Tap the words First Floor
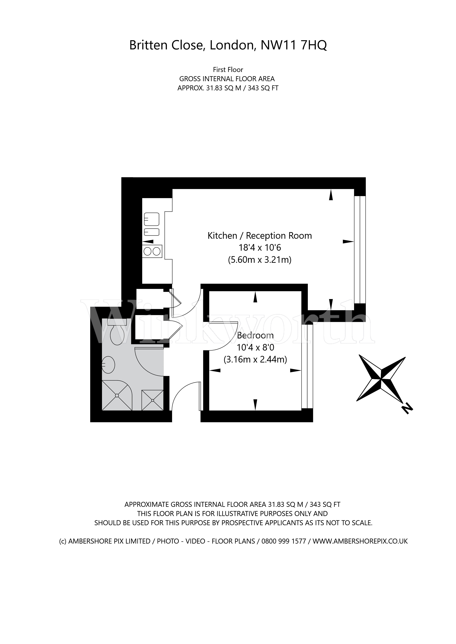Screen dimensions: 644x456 (228, 70)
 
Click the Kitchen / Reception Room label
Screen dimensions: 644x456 (260, 236)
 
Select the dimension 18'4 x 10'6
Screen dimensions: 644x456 (260, 248)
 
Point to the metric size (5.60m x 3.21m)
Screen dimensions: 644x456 (260, 260)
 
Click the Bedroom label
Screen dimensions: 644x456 (255, 335)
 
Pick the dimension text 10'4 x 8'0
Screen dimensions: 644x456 (255, 347)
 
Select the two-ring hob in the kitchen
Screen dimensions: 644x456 (152, 252)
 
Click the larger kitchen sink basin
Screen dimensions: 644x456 (152, 219)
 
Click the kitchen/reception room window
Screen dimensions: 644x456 (360, 250)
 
